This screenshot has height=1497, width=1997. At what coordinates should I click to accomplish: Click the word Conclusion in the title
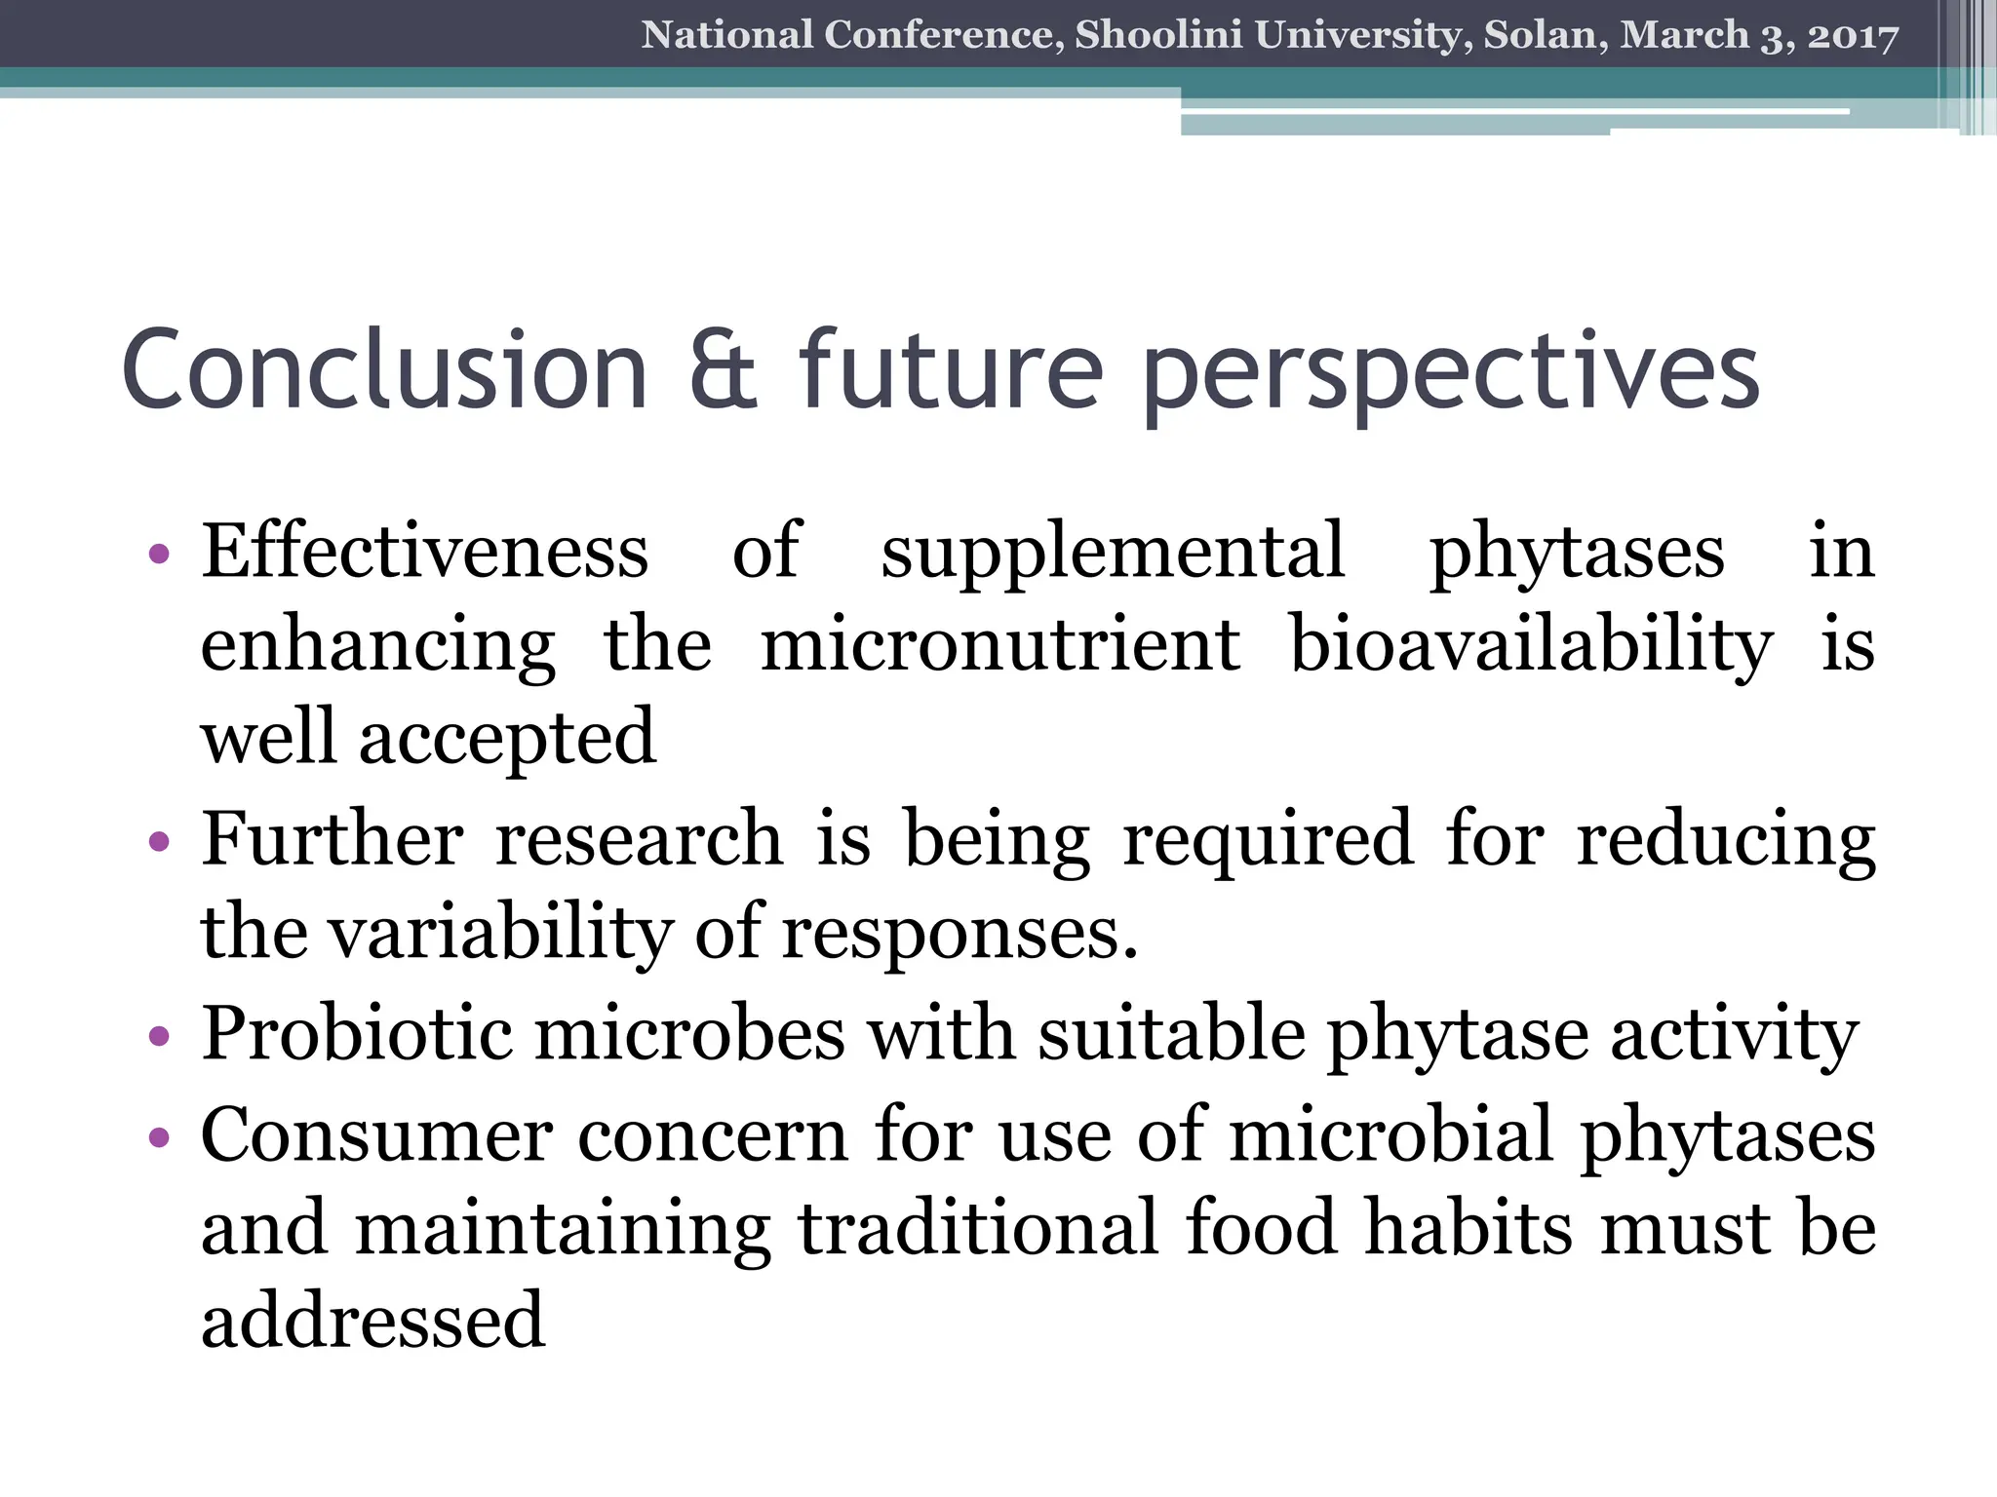click(x=385, y=371)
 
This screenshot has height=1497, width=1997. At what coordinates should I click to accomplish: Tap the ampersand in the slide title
click(x=723, y=371)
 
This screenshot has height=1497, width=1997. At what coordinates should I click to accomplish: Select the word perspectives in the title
click(x=1450, y=375)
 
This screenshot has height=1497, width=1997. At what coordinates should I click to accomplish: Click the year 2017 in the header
click(x=1853, y=35)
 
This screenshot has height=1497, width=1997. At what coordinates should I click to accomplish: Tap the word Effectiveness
click(x=424, y=552)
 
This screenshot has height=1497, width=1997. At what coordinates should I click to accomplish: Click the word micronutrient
click(x=999, y=644)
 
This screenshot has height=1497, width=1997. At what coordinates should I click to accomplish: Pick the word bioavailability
click(x=1531, y=646)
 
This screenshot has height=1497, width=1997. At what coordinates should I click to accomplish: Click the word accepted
click(x=507, y=739)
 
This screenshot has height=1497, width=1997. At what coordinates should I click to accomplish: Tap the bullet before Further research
click(x=160, y=840)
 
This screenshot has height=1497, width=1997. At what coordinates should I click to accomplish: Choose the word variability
click(x=500, y=934)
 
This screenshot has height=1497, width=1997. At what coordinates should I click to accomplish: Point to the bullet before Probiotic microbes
click(x=160, y=1035)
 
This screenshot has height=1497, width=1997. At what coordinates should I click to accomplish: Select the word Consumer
click(x=376, y=1134)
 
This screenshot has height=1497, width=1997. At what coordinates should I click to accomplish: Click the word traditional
click(x=978, y=1228)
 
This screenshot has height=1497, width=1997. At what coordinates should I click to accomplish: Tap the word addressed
click(x=372, y=1322)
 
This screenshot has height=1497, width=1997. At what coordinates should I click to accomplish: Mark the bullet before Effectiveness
click(x=160, y=554)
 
